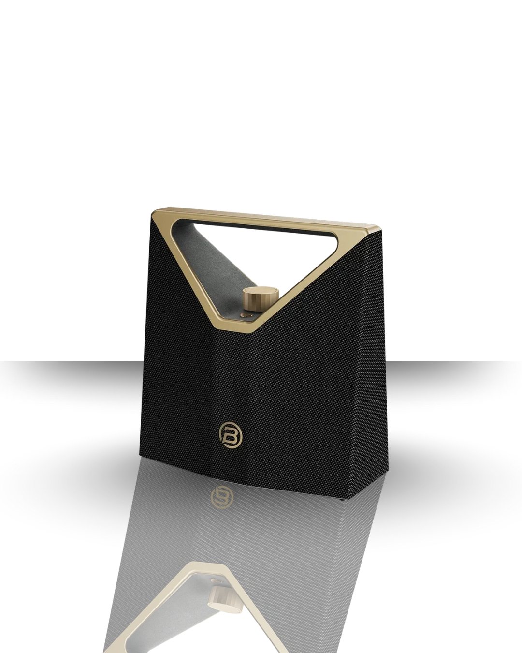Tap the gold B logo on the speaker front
(229, 432)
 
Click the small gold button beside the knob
(246, 315)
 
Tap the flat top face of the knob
(261, 292)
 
